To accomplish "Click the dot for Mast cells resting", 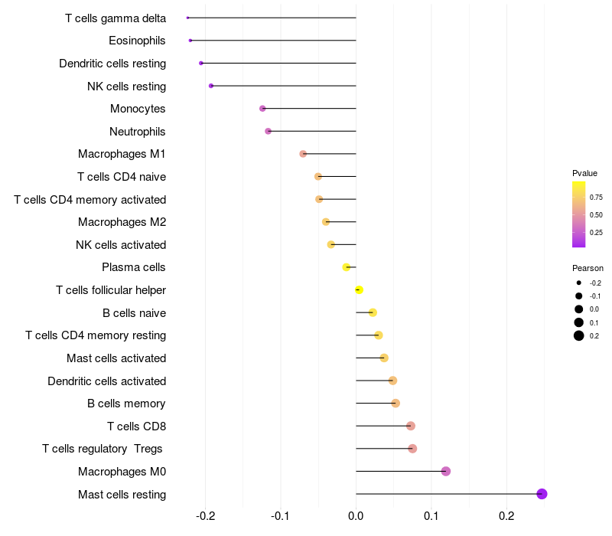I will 542,494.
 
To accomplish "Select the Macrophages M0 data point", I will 446,471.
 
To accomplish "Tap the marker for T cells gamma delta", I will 187,18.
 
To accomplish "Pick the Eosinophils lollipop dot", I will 190,40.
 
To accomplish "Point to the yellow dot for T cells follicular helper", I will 359,289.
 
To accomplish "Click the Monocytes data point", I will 262,109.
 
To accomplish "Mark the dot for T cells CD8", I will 411,426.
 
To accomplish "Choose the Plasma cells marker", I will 347,267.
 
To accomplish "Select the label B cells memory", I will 126,404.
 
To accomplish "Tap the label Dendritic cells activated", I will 106,381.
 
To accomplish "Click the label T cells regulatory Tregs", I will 103,449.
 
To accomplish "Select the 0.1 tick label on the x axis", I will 431,516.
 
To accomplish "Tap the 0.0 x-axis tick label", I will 356,516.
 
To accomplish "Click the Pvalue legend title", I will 584,173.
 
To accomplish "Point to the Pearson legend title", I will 588,268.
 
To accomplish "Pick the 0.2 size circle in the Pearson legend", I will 579,335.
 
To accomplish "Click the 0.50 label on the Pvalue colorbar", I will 596,214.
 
